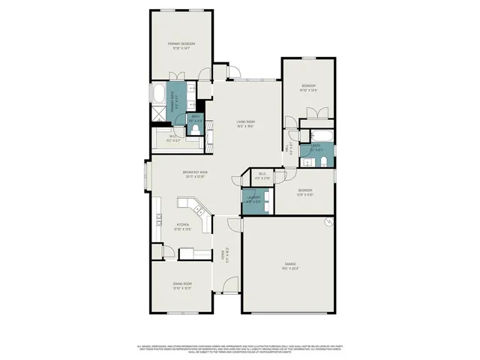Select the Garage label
[x=289, y=265]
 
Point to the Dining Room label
[x=182, y=285]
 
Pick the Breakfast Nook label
[x=195, y=174]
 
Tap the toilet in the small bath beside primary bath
[x=196, y=129]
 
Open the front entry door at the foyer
[x=230, y=286]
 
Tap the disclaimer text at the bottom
[x=240, y=349]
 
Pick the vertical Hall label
[x=289, y=148]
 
